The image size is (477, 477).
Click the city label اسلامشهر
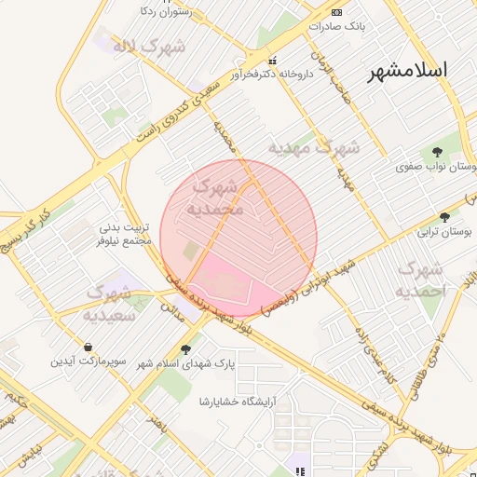click(x=406, y=70)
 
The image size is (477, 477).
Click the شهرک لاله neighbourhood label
click(x=149, y=45)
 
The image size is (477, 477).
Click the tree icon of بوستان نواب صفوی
click(x=438, y=152)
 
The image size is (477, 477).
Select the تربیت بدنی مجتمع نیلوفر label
click(x=124, y=234)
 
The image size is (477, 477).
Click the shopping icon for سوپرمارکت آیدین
click(x=87, y=347)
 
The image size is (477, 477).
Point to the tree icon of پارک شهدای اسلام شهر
click(x=185, y=349)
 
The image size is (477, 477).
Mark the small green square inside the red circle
click(x=191, y=252)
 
